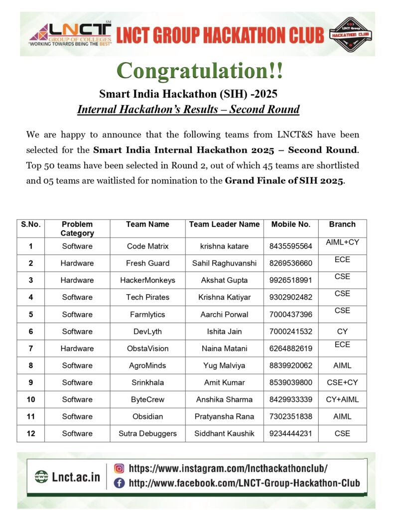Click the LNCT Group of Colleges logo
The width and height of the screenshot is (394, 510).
tap(70, 34)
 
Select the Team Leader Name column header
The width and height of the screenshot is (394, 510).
tap(224, 224)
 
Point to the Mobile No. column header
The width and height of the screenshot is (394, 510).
tap(290, 224)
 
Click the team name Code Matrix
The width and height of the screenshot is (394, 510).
tap(147, 246)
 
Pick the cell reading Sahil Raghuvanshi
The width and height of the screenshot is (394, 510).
tap(224, 263)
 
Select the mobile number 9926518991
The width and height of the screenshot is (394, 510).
tap(290, 280)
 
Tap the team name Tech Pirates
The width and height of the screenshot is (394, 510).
tap(147, 297)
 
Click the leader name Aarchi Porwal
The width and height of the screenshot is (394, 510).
tap(224, 314)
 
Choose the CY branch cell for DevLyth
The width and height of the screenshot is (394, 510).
tap(342, 331)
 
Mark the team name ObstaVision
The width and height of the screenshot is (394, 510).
tap(147, 348)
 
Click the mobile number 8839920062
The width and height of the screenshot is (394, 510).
tap(290, 365)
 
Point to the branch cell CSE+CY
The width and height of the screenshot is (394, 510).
tap(342, 382)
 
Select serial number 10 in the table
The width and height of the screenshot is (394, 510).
tap(31, 399)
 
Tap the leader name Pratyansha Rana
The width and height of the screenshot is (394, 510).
tap(224, 416)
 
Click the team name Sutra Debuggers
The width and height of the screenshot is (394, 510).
tap(147, 433)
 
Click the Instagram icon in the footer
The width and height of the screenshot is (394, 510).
tap(120, 468)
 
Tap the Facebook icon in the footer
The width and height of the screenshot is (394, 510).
tap(120, 483)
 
